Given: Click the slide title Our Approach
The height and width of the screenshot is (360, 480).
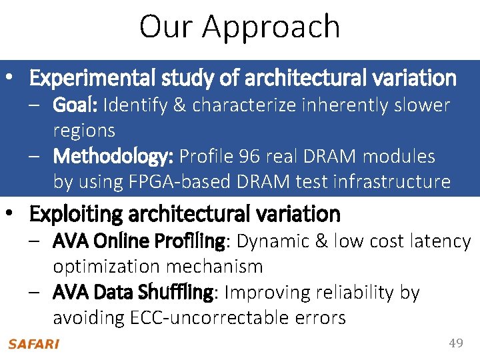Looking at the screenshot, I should pos(239,27).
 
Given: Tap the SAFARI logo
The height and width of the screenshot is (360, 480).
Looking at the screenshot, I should pos(33,344).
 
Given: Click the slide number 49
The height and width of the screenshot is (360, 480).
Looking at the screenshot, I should pos(456,343).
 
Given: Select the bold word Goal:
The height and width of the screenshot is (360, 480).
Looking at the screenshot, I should pos(76,105).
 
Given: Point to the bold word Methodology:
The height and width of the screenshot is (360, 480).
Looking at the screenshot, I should pos(113,157).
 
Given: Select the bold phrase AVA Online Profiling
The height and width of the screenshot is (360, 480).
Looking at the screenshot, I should pos(139,241).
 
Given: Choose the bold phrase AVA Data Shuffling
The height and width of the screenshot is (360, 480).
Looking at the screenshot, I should pos(133,293).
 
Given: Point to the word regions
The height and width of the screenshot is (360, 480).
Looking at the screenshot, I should pos(84,131).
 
